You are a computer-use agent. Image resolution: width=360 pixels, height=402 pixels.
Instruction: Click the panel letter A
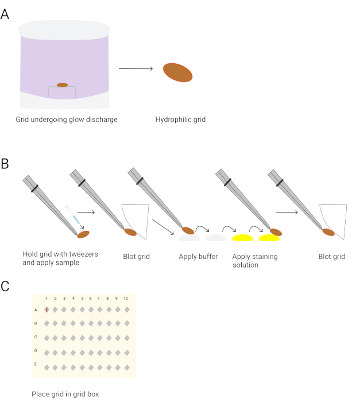[5, 14]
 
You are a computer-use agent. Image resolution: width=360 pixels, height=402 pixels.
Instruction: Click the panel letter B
[5, 164]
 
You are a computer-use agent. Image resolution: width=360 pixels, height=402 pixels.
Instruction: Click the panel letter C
[5, 287]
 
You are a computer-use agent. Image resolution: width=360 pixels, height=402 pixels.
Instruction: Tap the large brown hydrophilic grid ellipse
[177, 72]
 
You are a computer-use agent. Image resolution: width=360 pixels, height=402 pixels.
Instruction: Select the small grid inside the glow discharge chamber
[63, 85]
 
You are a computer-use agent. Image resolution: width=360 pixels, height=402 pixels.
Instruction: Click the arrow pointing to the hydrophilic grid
[136, 68]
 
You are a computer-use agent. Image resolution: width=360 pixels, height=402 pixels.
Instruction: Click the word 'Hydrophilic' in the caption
[171, 119]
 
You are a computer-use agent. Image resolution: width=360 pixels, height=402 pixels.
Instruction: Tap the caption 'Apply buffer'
[198, 257]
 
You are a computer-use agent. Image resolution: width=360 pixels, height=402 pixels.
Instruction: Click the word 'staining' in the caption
[264, 257]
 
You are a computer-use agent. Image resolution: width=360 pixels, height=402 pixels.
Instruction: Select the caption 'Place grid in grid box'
[65, 394]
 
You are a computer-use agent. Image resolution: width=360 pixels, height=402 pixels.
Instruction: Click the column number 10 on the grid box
[126, 298]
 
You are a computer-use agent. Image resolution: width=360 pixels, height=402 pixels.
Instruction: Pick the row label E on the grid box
[36, 364]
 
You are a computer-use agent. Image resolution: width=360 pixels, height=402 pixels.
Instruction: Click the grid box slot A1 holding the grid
[47, 310]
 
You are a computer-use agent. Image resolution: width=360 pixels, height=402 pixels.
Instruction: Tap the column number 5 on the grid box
[82, 298]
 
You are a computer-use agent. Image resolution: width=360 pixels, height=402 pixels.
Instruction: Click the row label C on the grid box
[36, 337]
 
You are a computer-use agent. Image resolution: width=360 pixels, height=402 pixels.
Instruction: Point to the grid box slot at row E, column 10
[127, 368]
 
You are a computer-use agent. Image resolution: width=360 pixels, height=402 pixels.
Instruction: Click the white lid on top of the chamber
[64, 30]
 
